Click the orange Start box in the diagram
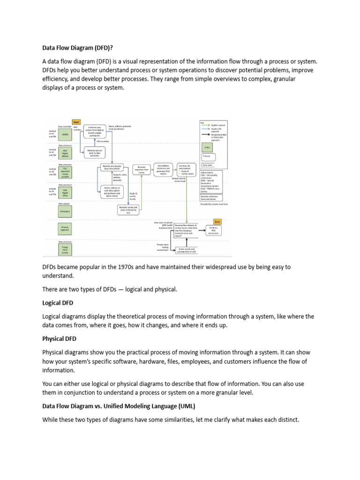coord(76,122)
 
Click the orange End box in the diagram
coord(217,222)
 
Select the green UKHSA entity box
coord(66,134)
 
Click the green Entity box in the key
coord(207,146)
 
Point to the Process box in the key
coord(207,156)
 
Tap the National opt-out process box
coord(95,152)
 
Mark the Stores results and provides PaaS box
coord(187,250)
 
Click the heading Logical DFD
coord(58,303)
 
